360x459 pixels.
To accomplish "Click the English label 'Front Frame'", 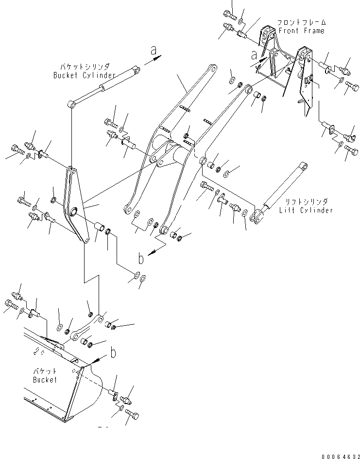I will (301, 31).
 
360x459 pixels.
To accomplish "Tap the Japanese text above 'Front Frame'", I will (302, 22).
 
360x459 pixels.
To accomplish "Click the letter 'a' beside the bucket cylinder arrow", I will (154, 50).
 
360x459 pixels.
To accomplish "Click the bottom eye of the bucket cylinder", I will (72, 103).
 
